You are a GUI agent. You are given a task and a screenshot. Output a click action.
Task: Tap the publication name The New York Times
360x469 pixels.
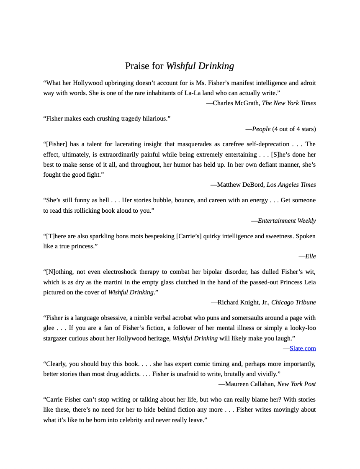pos(289,103)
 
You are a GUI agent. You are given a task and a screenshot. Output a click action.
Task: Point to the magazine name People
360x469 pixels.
pos(261,129)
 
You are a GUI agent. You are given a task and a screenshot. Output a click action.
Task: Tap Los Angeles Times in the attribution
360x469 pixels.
pos(291,185)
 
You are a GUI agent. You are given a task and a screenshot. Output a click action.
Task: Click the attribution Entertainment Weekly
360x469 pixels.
pos(287,221)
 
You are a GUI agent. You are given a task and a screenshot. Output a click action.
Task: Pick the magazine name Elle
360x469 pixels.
pos(310,256)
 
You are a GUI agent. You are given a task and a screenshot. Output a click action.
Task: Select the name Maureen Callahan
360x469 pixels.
pos(249,384)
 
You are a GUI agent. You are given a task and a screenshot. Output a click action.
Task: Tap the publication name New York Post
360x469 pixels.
pos(296,384)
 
